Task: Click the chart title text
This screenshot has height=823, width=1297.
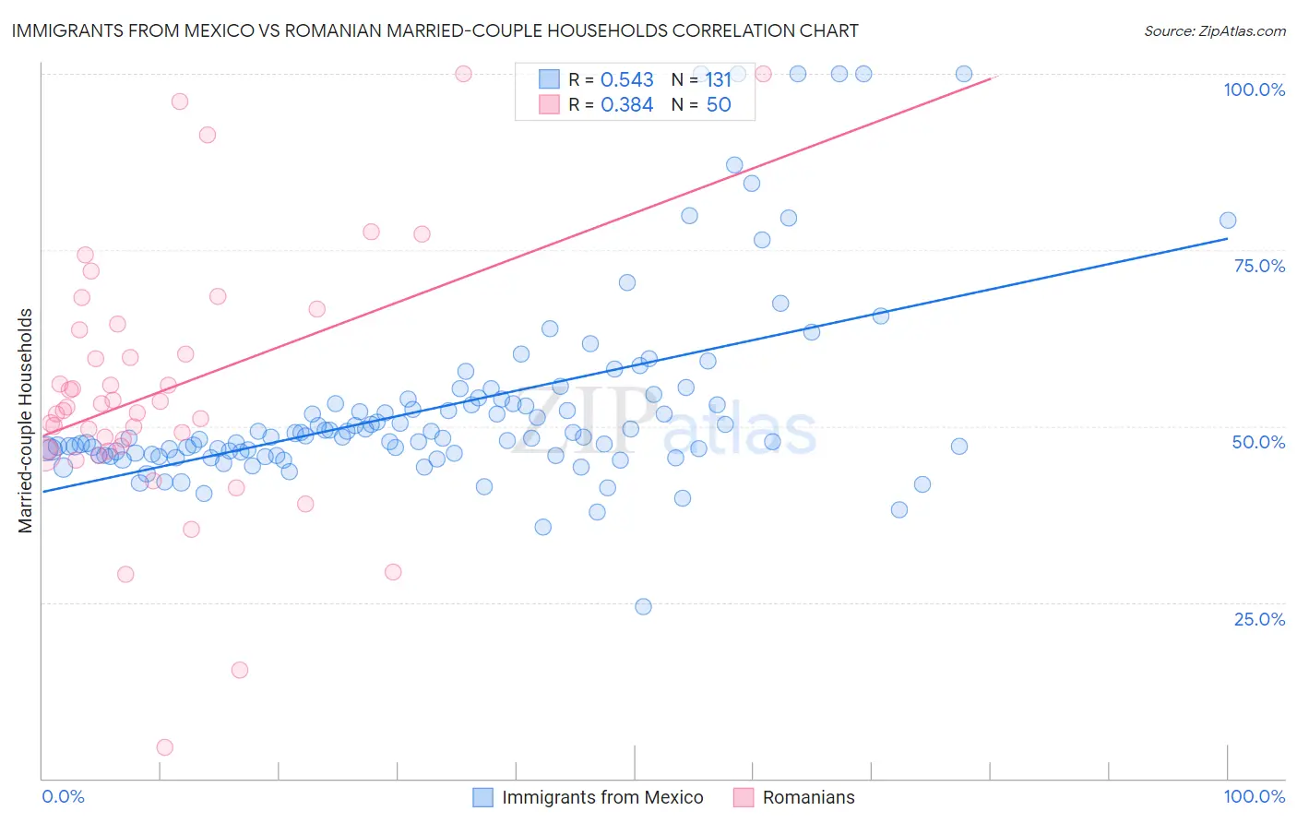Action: click(x=434, y=31)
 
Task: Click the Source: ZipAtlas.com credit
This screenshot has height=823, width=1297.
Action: click(x=1214, y=31)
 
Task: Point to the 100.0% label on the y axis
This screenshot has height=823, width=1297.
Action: click(x=1254, y=89)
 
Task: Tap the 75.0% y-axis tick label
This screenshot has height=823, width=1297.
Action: click(x=1259, y=266)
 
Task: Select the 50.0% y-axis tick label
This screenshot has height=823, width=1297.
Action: click(x=1258, y=442)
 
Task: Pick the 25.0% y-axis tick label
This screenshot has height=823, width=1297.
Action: click(x=1259, y=619)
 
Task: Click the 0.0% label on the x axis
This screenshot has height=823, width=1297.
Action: click(x=63, y=796)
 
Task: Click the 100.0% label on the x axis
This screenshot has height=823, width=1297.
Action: click(x=1254, y=796)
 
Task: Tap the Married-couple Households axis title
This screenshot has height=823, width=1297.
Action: click(x=26, y=421)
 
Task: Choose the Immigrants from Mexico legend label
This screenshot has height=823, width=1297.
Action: click(x=602, y=797)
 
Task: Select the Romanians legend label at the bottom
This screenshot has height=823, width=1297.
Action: click(x=808, y=797)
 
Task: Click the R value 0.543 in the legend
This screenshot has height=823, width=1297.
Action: click(x=627, y=80)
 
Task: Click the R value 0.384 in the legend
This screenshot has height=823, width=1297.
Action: click(x=627, y=105)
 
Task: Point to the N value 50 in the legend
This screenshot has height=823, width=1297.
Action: click(x=719, y=105)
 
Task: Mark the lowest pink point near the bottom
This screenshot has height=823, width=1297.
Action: click(x=165, y=747)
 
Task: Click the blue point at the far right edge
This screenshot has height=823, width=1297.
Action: click(x=1228, y=221)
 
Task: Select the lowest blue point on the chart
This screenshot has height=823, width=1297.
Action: click(x=644, y=606)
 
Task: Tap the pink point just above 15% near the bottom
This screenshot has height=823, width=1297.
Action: click(x=240, y=670)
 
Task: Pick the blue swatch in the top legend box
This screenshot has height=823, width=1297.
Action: click(x=549, y=80)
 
